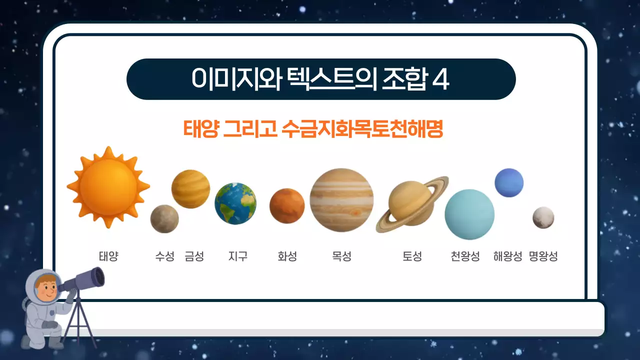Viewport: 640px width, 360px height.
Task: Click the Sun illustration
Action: pos(108,187)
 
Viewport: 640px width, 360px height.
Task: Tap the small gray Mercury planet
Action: pos(164,219)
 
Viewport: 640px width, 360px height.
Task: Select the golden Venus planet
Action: pos(190,188)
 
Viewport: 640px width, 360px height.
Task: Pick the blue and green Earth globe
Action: pos(235,203)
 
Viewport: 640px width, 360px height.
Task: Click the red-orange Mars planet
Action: pos(287,205)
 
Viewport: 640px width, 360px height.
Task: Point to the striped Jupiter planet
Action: pos(341,200)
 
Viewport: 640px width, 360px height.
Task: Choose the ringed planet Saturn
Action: pos(411,203)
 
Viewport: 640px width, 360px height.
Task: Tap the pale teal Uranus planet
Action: pos(469,214)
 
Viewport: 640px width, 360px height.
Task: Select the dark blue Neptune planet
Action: pos(509,182)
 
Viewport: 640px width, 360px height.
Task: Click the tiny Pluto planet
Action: pos(543,217)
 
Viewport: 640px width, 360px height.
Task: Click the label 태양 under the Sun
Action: pos(108,256)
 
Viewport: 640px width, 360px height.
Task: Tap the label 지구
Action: pos(237,256)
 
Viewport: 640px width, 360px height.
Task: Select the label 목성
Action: pos(341,256)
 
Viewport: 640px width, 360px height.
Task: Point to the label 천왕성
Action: pos(465,256)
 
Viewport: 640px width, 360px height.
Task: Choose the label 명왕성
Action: pos(543,256)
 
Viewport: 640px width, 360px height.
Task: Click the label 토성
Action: pos(412,256)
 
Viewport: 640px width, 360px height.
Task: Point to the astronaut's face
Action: pos(46,288)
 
